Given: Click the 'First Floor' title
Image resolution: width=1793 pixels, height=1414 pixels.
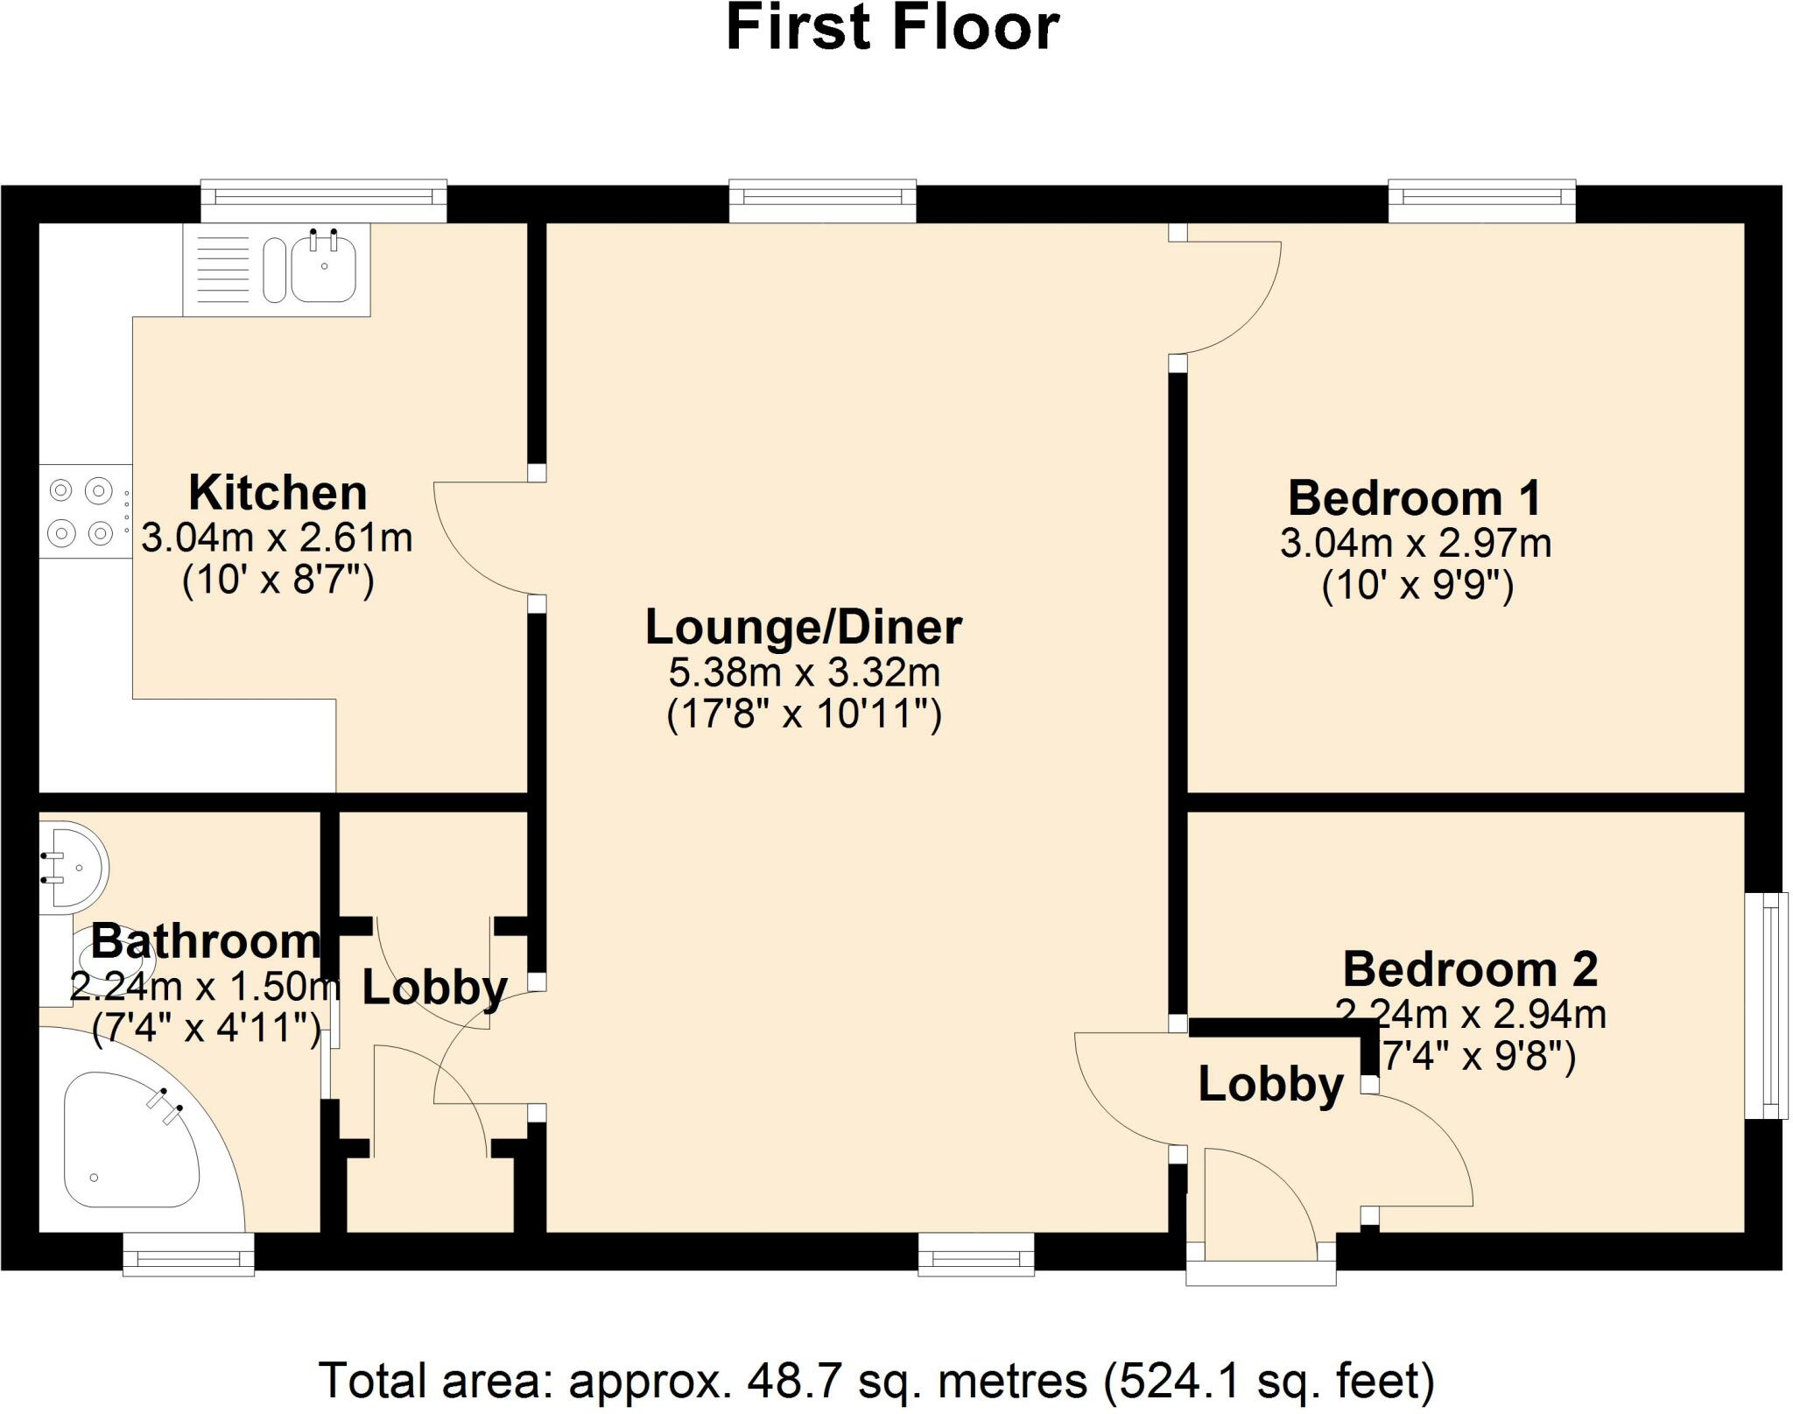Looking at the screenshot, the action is (892, 28).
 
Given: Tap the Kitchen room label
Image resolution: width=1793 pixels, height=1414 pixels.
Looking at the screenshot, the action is (278, 492).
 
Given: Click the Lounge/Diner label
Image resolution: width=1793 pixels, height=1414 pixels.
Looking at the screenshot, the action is (804, 627).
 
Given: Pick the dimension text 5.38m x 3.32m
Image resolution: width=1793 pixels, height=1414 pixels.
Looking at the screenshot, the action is (805, 672).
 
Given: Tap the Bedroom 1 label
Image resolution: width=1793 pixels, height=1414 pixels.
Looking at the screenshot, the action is (1414, 498).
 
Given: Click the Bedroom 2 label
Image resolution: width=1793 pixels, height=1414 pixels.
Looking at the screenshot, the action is (1470, 969).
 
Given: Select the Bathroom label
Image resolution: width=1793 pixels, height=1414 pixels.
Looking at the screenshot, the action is (206, 941).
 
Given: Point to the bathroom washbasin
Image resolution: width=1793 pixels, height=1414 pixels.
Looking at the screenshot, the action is (74, 864).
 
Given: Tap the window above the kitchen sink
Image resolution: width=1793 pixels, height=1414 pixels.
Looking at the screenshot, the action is (324, 201).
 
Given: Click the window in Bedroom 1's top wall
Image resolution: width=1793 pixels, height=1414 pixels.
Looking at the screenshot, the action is (1481, 201).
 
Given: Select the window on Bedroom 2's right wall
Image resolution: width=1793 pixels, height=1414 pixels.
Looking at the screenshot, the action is (1766, 1005).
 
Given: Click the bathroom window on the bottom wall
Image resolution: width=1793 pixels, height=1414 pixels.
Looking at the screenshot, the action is (188, 1254).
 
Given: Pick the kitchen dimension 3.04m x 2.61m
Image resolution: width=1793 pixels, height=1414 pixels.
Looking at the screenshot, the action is (277, 538).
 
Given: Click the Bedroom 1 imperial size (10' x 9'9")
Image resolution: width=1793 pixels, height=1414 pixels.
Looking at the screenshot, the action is (1417, 585).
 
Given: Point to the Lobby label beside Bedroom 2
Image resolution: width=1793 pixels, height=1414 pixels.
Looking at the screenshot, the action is (1270, 1085).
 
